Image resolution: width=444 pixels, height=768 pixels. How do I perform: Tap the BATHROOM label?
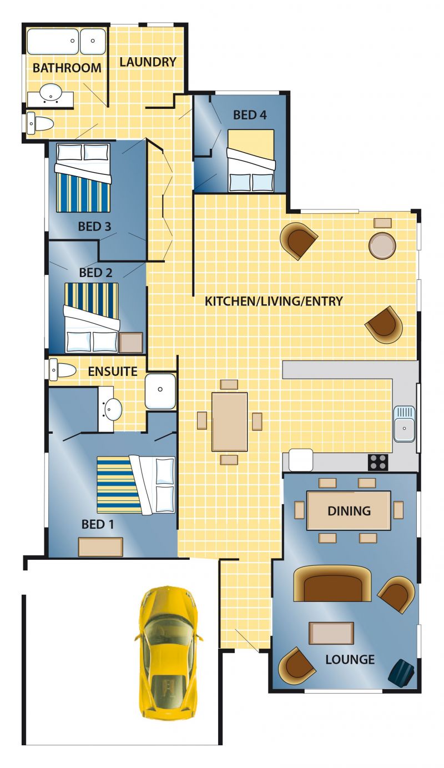tap(67, 68)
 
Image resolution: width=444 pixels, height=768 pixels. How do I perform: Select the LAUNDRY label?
tap(148, 62)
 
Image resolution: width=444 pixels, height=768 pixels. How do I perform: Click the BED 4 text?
tap(250, 115)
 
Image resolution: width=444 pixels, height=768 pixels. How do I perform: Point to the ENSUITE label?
tap(113, 372)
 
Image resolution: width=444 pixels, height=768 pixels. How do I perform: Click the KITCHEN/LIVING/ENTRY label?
tap(274, 301)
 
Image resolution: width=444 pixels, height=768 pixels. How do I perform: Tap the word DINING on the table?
tap(349, 511)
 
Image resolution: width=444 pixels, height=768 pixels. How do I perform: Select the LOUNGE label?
tap(350, 659)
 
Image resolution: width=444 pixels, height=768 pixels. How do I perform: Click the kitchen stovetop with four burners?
tap(378, 462)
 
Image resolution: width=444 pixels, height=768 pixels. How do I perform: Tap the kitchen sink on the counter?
tap(404, 424)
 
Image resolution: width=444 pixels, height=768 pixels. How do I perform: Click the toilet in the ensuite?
tap(62, 370)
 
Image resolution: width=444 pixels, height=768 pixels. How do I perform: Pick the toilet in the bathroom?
tap(40, 123)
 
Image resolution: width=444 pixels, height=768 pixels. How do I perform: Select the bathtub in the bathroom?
tap(53, 41)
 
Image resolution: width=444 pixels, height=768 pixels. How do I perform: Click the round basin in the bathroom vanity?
tap(51, 92)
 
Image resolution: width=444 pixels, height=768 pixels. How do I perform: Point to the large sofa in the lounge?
tap(332, 583)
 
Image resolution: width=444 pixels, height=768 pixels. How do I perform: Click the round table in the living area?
tap(382, 245)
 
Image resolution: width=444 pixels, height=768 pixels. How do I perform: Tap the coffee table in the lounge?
tap(331, 633)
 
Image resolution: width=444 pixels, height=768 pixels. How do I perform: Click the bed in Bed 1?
tap(136, 485)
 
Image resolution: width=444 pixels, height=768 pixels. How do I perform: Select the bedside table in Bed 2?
tap(131, 342)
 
